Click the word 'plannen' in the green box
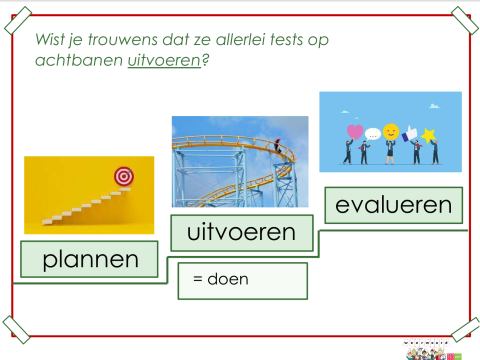tap(89, 259)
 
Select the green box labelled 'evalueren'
tap(394, 206)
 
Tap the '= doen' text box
tap(243, 280)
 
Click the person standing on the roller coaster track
tap(278, 147)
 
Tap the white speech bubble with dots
tap(372, 134)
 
